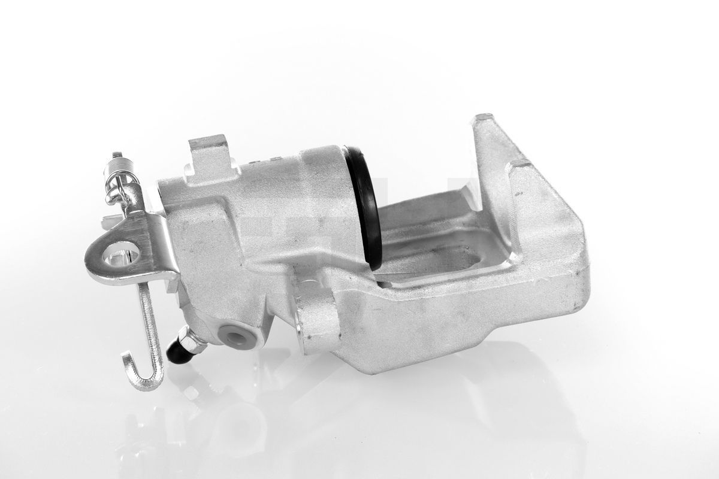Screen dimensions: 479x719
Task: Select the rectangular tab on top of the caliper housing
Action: click(x=207, y=157)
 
